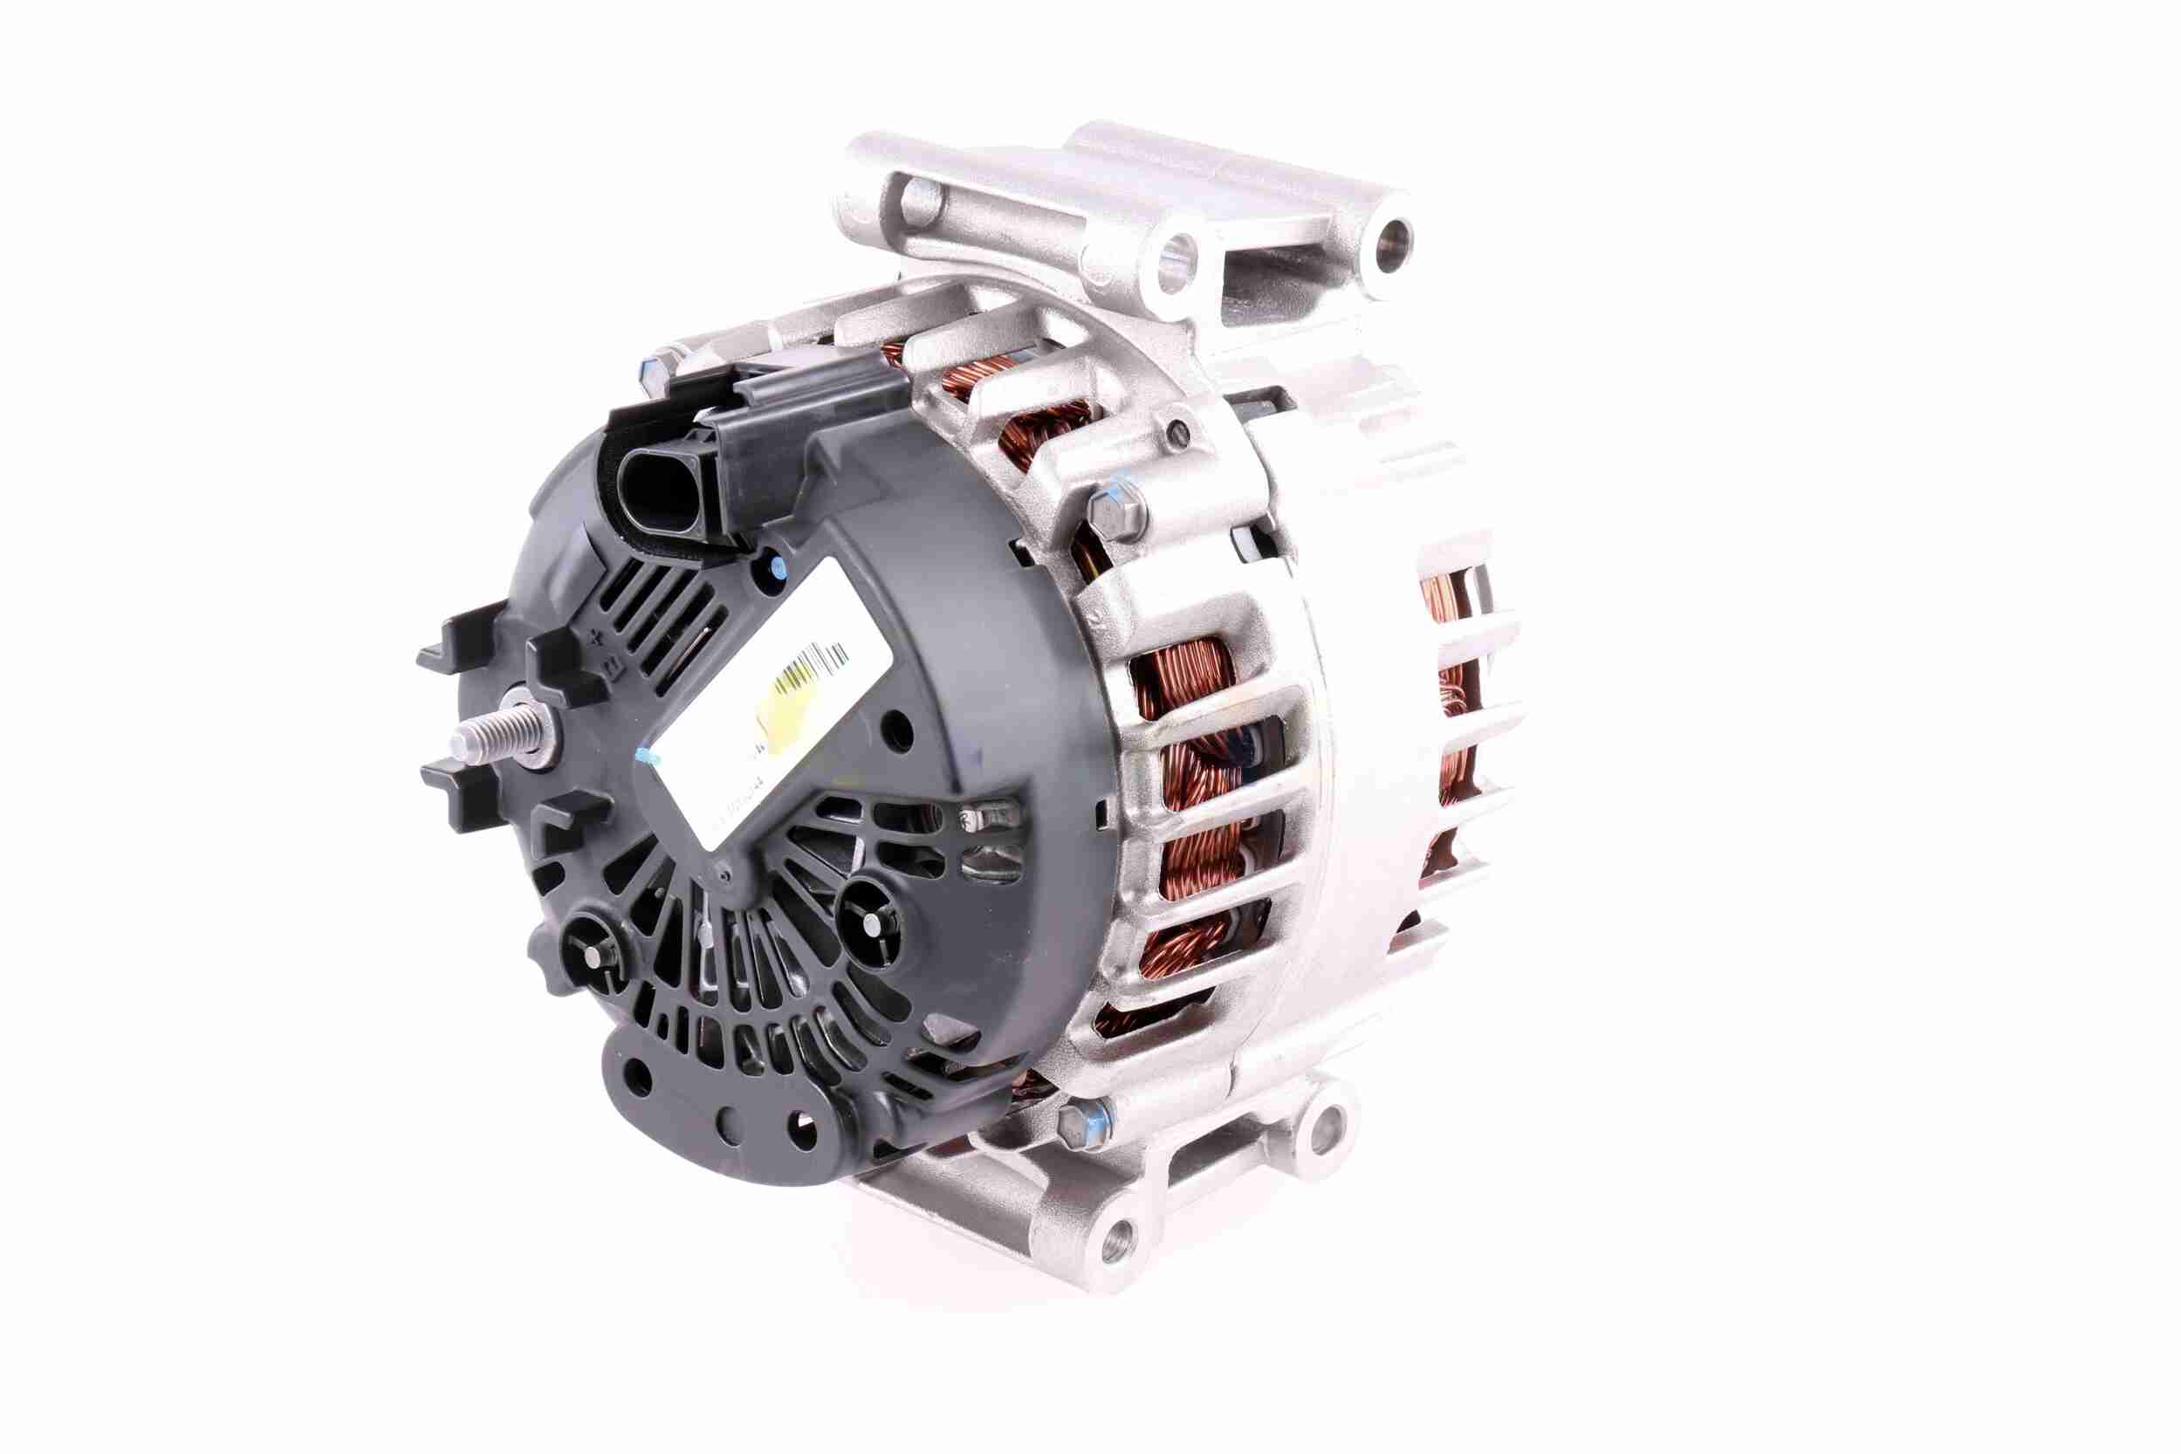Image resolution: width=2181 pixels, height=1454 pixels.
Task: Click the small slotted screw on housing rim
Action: (x=1176, y=429)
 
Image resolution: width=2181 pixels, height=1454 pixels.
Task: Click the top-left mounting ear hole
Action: (x=913, y=197)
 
